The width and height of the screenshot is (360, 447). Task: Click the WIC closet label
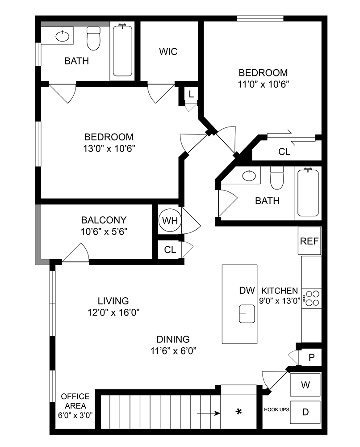pyautogui.click(x=168, y=51)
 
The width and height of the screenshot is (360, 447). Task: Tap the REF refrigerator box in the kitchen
pyautogui.click(x=309, y=241)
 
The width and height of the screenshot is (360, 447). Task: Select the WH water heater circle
pyautogui.click(x=170, y=221)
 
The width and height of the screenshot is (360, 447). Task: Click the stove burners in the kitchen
pyautogui.click(x=312, y=298)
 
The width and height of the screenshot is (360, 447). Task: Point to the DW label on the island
pyautogui.click(x=247, y=291)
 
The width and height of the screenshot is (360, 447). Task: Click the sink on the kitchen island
pyautogui.click(x=247, y=313)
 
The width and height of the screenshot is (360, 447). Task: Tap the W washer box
pyautogui.click(x=306, y=384)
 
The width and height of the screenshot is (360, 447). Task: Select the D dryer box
pyautogui.click(x=306, y=412)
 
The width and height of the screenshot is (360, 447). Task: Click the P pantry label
pyautogui.click(x=312, y=357)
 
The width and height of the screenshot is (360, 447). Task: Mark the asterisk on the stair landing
pyautogui.click(x=239, y=411)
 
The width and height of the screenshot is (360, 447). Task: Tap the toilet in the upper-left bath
pyautogui.click(x=94, y=39)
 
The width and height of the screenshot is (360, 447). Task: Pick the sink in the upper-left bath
pyautogui.click(x=63, y=35)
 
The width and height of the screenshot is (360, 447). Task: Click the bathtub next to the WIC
pyautogui.click(x=122, y=51)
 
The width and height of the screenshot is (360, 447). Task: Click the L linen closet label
pyautogui.click(x=191, y=94)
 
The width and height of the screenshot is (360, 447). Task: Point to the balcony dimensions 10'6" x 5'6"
pyautogui.click(x=104, y=232)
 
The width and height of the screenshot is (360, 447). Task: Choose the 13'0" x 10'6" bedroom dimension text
pyautogui.click(x=109, y=148)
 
